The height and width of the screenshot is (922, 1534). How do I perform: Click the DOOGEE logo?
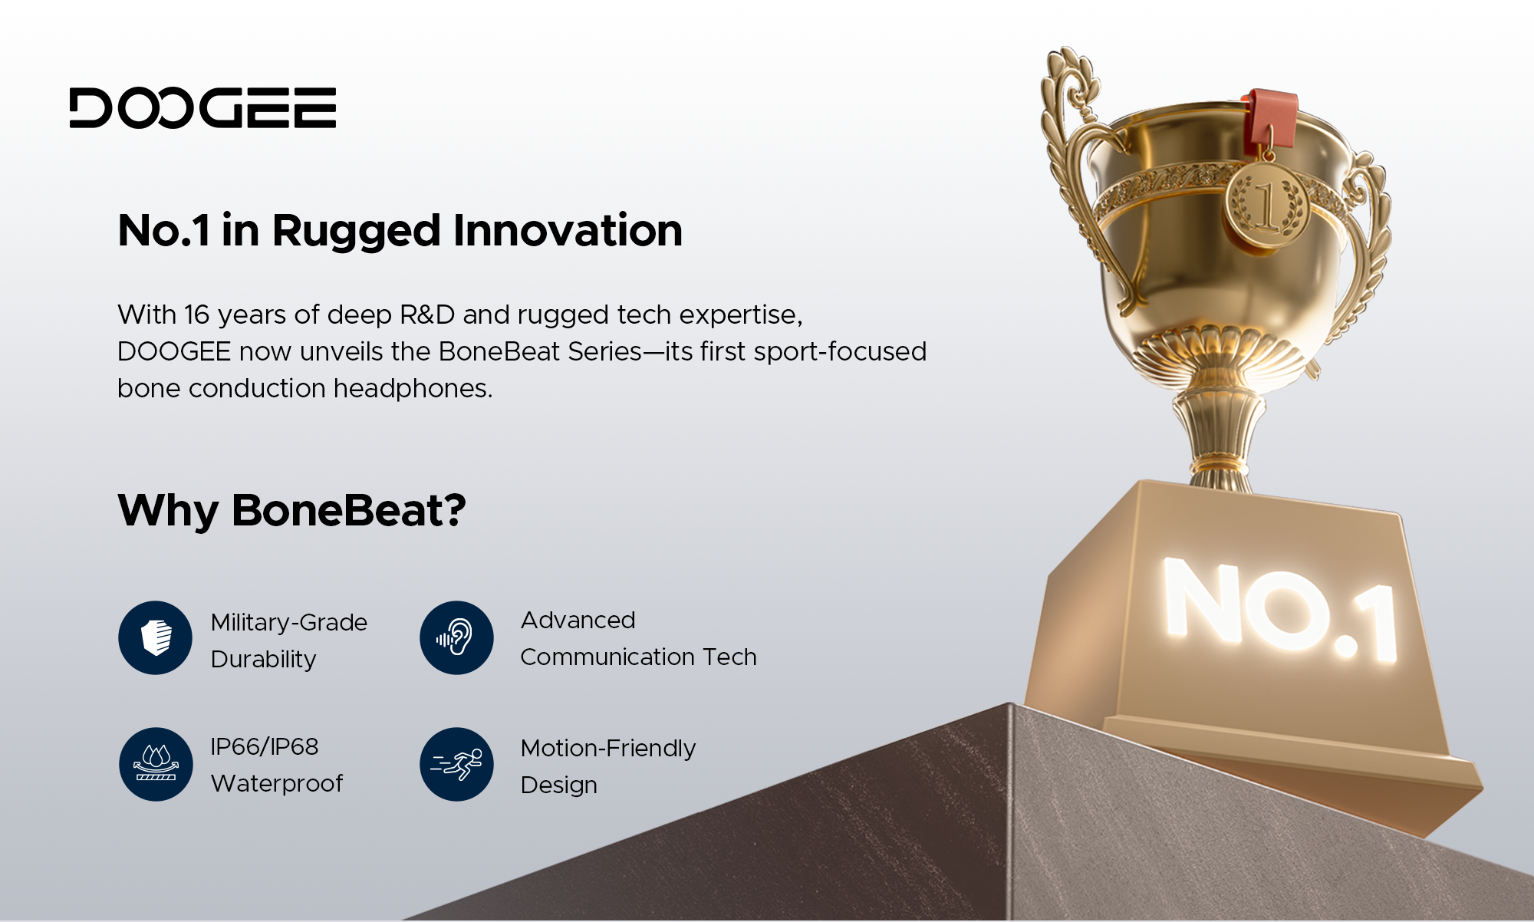point(202,107)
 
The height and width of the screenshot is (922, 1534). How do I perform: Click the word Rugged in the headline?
point(356,231)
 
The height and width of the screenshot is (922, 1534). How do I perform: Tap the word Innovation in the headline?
point(568,231)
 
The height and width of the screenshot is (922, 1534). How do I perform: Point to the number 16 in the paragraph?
point(196,315)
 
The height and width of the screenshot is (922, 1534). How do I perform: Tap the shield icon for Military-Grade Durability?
point(156,637)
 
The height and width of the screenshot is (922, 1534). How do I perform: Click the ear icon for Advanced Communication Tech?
point(456,637)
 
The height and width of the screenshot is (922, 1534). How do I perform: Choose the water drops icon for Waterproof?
point(156,764)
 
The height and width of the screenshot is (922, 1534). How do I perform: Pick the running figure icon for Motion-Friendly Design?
point(456,764)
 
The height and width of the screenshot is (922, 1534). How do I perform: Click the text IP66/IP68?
point(265,746)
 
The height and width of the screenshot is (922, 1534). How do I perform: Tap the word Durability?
point(263,660)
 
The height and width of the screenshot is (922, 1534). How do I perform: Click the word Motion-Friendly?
point(607,748)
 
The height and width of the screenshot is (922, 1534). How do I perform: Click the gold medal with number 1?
point(1266,204)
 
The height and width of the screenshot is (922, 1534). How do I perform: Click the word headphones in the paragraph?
point(412,389)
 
